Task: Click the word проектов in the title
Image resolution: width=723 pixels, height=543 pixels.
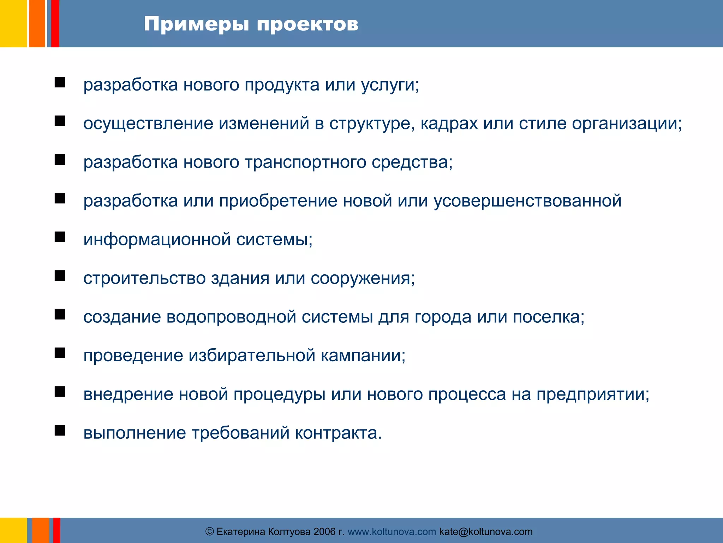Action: (307, 25)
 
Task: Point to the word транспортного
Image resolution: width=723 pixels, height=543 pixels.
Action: (305, 163)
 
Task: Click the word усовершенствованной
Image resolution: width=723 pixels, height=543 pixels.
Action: (527, 201)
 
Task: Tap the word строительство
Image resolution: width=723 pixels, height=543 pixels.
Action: (144, 278)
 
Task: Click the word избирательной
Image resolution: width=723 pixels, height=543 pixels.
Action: (252, 356)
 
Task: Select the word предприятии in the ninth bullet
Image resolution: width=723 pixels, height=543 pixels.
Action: (592, 394)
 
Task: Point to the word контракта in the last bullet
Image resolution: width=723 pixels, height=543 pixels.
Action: (338, 433)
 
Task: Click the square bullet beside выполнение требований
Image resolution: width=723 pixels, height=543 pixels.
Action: (60, 430)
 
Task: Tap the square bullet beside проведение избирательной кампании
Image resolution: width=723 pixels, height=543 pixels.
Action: (60, 353)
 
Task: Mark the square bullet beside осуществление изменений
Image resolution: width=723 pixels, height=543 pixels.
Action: (60, 121)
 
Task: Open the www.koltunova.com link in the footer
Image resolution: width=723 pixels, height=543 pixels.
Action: (392, 532)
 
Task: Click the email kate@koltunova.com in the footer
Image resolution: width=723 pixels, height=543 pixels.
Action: (486, 532)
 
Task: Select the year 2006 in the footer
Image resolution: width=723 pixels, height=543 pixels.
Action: (324, 532)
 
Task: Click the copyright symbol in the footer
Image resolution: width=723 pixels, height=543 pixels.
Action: (210, 532)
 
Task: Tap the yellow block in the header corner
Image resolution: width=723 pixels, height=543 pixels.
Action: (13, 23)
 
